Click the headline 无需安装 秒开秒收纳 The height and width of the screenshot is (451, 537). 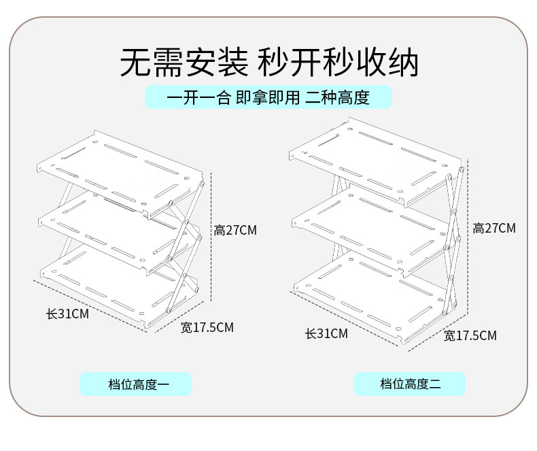point(268,62)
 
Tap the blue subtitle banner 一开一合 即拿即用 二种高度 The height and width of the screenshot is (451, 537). point(268,97)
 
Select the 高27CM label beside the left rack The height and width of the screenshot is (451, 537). point(236,230)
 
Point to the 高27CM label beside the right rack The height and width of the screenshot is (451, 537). point(494,228)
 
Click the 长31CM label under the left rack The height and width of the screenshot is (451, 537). point(67,314)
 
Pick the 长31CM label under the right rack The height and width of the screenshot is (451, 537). point(326,333)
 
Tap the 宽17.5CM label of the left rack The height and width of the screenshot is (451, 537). point(207,327)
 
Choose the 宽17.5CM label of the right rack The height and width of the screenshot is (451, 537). point(470,335)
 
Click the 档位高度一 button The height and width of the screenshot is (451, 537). point(135,384)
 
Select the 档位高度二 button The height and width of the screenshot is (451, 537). point(409,384)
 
